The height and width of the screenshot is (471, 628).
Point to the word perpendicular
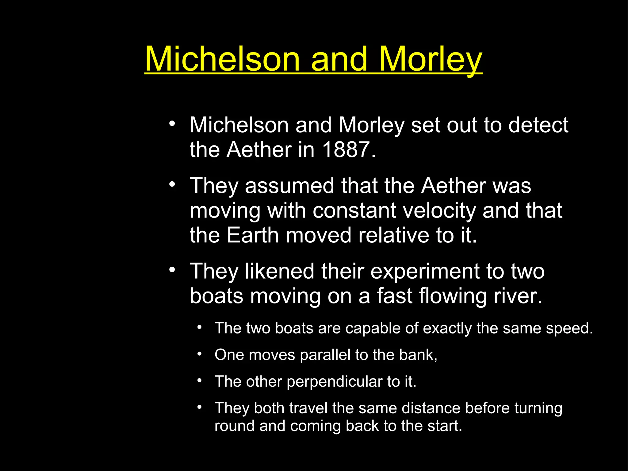coord(335,382)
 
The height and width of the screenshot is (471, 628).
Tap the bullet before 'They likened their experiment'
coord(172,270)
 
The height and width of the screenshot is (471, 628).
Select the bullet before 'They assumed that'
coord(172,185)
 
